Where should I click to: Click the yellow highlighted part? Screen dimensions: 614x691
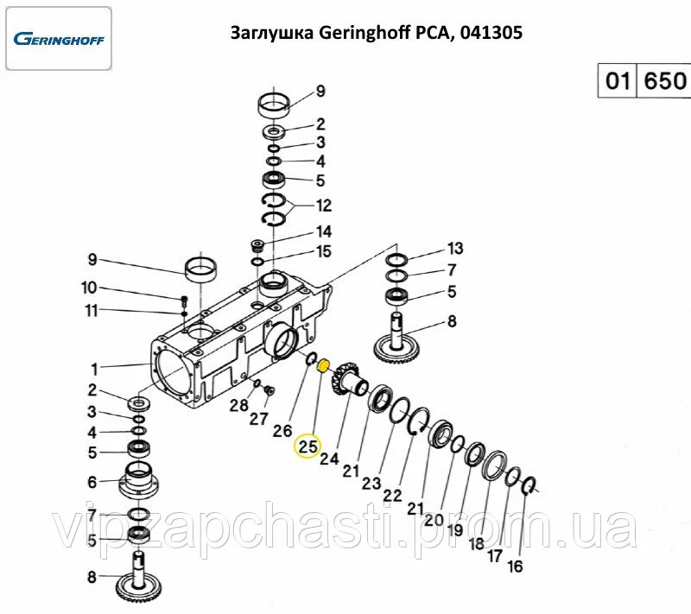coord(323,366)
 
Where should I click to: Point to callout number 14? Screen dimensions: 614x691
coord(323,231)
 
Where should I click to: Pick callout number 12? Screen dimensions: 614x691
coord(323,206)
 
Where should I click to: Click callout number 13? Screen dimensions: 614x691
coord(455,249)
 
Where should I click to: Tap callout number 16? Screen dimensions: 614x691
coord(515,567)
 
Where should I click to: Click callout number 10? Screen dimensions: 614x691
coord(90,288)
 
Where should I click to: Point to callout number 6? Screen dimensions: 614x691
coord(92,483)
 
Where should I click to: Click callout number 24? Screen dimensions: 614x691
coord(329,459)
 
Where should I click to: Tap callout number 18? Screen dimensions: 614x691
coord(476,544)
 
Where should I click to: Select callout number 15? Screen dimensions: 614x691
coord(323,251)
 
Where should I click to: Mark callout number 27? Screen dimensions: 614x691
coord(259,419)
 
